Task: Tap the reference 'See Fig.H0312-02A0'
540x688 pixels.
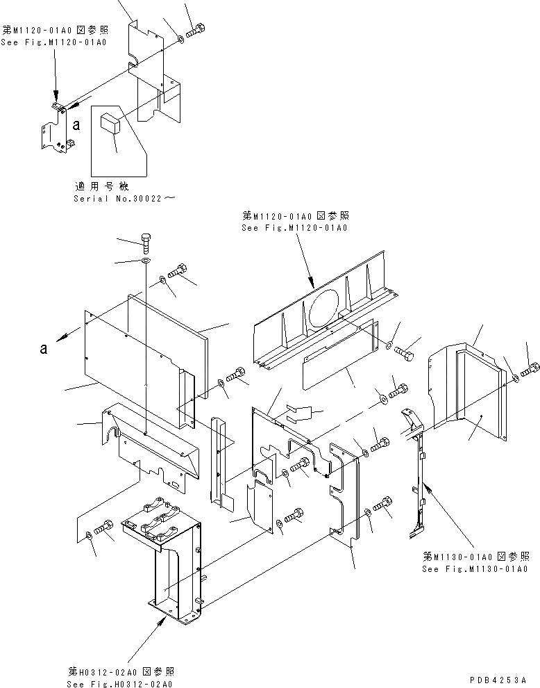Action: pyautogui.click(x=121, y=683)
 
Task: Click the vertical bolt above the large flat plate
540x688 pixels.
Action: pyautogui.click(x=146, y=243)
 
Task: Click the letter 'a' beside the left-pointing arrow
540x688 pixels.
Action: pyautogui.click(x=44, y=349)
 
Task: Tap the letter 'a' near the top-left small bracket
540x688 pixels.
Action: pyautogui.click(x=76, y=126)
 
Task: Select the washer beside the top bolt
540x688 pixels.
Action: pyautogui.click(x=180, y=38)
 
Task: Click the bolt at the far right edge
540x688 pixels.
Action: pyautogui.click(x=531, y=370)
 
